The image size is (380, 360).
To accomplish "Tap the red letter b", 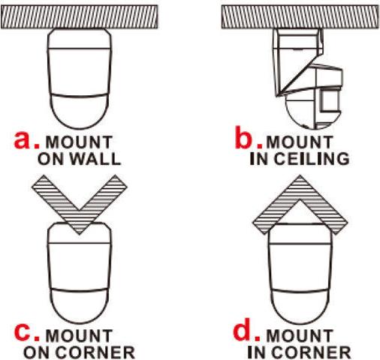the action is tap(245, 137).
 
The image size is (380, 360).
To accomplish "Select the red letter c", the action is tap(23, 333).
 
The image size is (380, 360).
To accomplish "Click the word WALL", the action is tap(95, 159).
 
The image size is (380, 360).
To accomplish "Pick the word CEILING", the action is tap(312, 159).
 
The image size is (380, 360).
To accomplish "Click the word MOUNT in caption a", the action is tap(79, 142).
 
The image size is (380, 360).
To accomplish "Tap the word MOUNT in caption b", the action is tap(300, 142).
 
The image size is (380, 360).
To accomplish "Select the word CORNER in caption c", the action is tap(95, 352).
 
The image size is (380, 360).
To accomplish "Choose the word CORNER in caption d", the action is tap(311, 352).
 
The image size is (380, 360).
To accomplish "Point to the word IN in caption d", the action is tap(258, 352).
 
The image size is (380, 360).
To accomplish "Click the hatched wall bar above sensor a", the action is tap(80, 17).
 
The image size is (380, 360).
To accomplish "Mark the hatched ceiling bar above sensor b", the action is tap(300, 17).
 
